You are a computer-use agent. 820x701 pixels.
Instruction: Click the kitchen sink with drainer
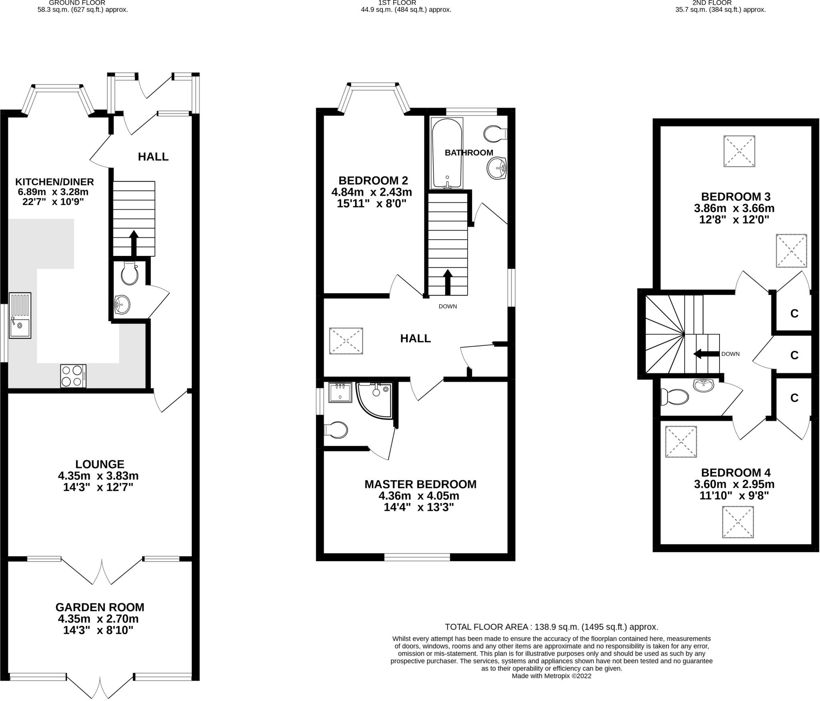pos(20,315)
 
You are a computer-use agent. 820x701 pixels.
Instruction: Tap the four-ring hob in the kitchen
pos(73,376)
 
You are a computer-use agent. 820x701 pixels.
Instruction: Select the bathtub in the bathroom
pos(447,153)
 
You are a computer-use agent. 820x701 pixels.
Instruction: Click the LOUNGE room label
pos(100,464)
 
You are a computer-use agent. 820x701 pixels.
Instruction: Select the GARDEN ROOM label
pos(100,607)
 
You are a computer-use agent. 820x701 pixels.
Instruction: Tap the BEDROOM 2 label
pos(373,180)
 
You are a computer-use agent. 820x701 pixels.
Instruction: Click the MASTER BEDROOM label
pos(420,484)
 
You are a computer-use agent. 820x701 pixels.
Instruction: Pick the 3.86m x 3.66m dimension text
pos(734,208)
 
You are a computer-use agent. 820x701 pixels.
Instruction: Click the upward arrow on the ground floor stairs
pos(134,242)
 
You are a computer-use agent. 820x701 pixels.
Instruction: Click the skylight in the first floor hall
pos(346,341)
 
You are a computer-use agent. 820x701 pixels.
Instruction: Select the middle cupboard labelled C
pos(794,355)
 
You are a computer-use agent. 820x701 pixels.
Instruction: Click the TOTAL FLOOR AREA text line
pos(551,627)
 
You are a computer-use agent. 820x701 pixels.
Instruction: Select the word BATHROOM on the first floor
pos(469,153)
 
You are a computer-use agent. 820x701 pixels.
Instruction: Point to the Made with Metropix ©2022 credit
pos(551,676)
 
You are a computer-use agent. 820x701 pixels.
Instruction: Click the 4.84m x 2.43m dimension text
pos(372,192)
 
